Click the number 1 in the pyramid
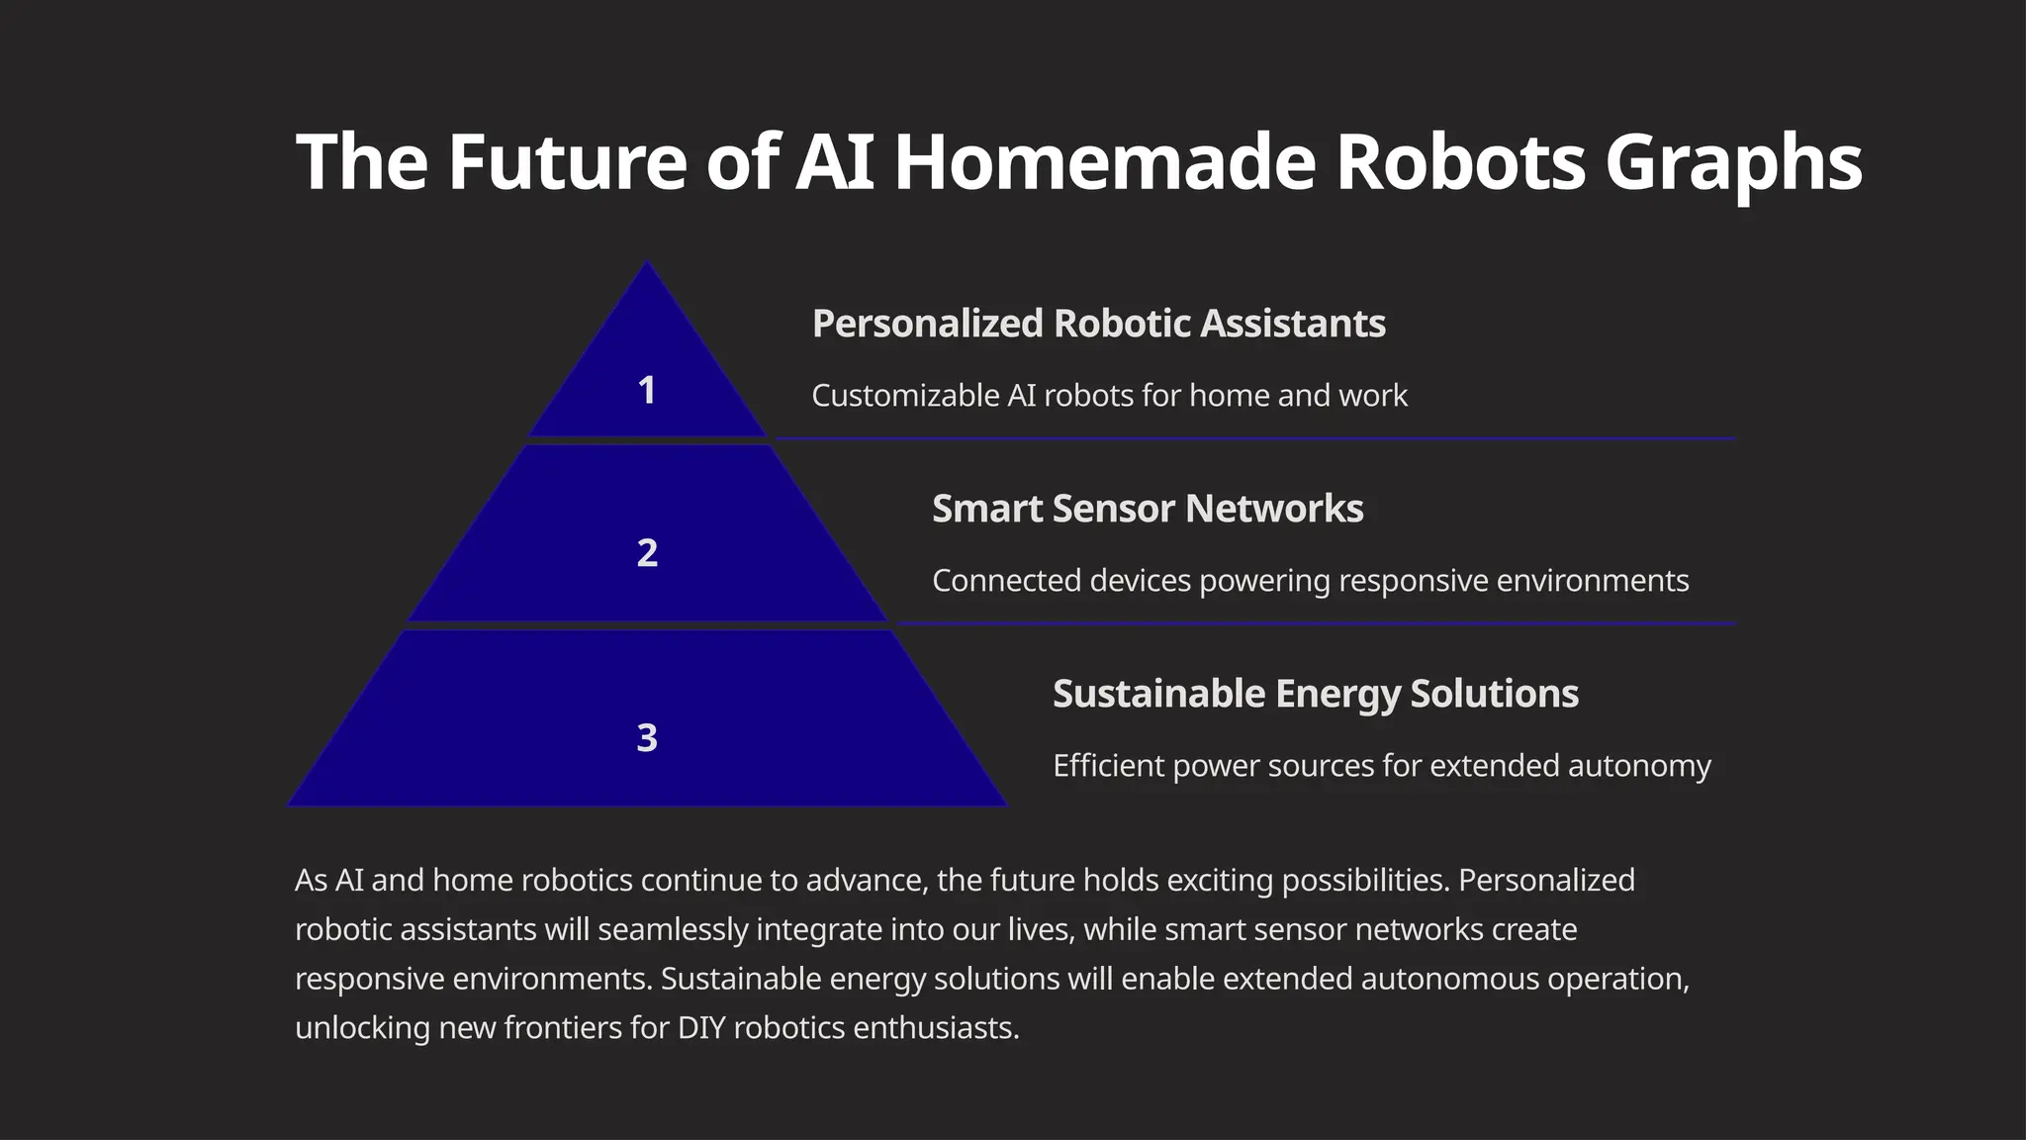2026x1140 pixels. [647, 390]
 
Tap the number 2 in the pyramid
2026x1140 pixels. [647, 552]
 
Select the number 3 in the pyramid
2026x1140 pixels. [647, 737]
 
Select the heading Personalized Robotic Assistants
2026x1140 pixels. [1098, 324]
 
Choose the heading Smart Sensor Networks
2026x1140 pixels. [1148, 509]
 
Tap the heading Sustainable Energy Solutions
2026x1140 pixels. [1315, 694]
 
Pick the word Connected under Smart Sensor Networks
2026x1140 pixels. [1006, 581]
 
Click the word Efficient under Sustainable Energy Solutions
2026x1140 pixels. [1108, 766]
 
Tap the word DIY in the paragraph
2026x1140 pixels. [701, 1028]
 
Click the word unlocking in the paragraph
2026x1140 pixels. [362, 1028]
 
